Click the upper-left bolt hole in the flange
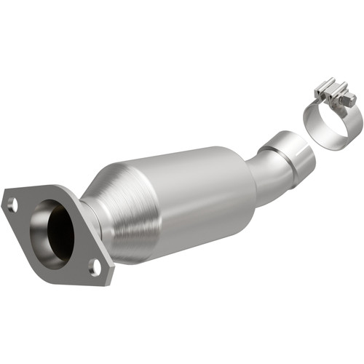[x=12, y=205]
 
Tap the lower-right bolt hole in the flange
[x=93, y=266]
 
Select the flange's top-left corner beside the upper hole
[x=7, y=197]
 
